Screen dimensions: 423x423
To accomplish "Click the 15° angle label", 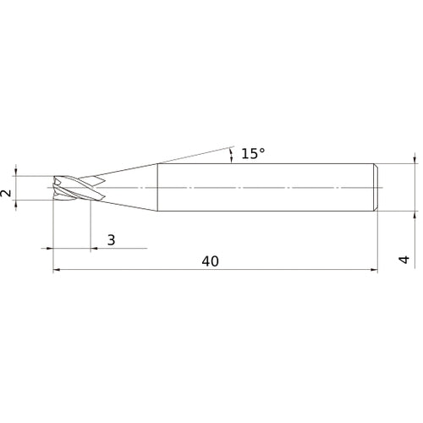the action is point(253,154).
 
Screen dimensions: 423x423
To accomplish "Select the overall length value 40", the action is point(210,261).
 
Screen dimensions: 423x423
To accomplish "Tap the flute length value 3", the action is point(112,240).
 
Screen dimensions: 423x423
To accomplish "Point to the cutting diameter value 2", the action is point(6,193).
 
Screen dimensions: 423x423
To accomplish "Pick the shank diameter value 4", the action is point(404,260).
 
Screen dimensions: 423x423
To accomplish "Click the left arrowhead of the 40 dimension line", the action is point(57,270).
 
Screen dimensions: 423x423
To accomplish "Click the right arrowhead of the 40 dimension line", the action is point(374,270).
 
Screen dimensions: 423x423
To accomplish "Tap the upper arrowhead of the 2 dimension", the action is point(16,172).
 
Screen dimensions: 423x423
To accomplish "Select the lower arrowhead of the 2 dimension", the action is point(16,204).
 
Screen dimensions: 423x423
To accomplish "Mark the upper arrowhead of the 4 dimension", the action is point(415,160).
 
